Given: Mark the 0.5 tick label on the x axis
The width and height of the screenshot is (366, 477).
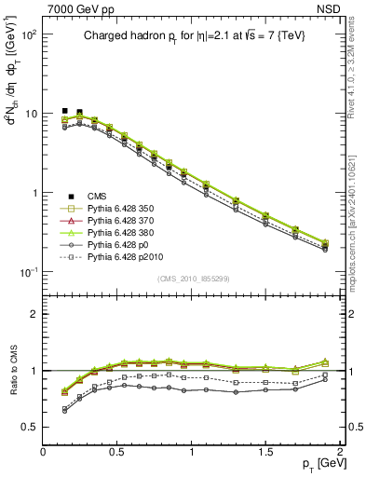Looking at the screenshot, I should click(x=117, y=451).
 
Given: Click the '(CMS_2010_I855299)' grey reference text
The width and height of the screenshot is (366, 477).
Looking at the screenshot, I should click(x=192, y=278).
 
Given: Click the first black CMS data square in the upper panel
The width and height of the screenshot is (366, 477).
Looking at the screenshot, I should click(x=64, y=111).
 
